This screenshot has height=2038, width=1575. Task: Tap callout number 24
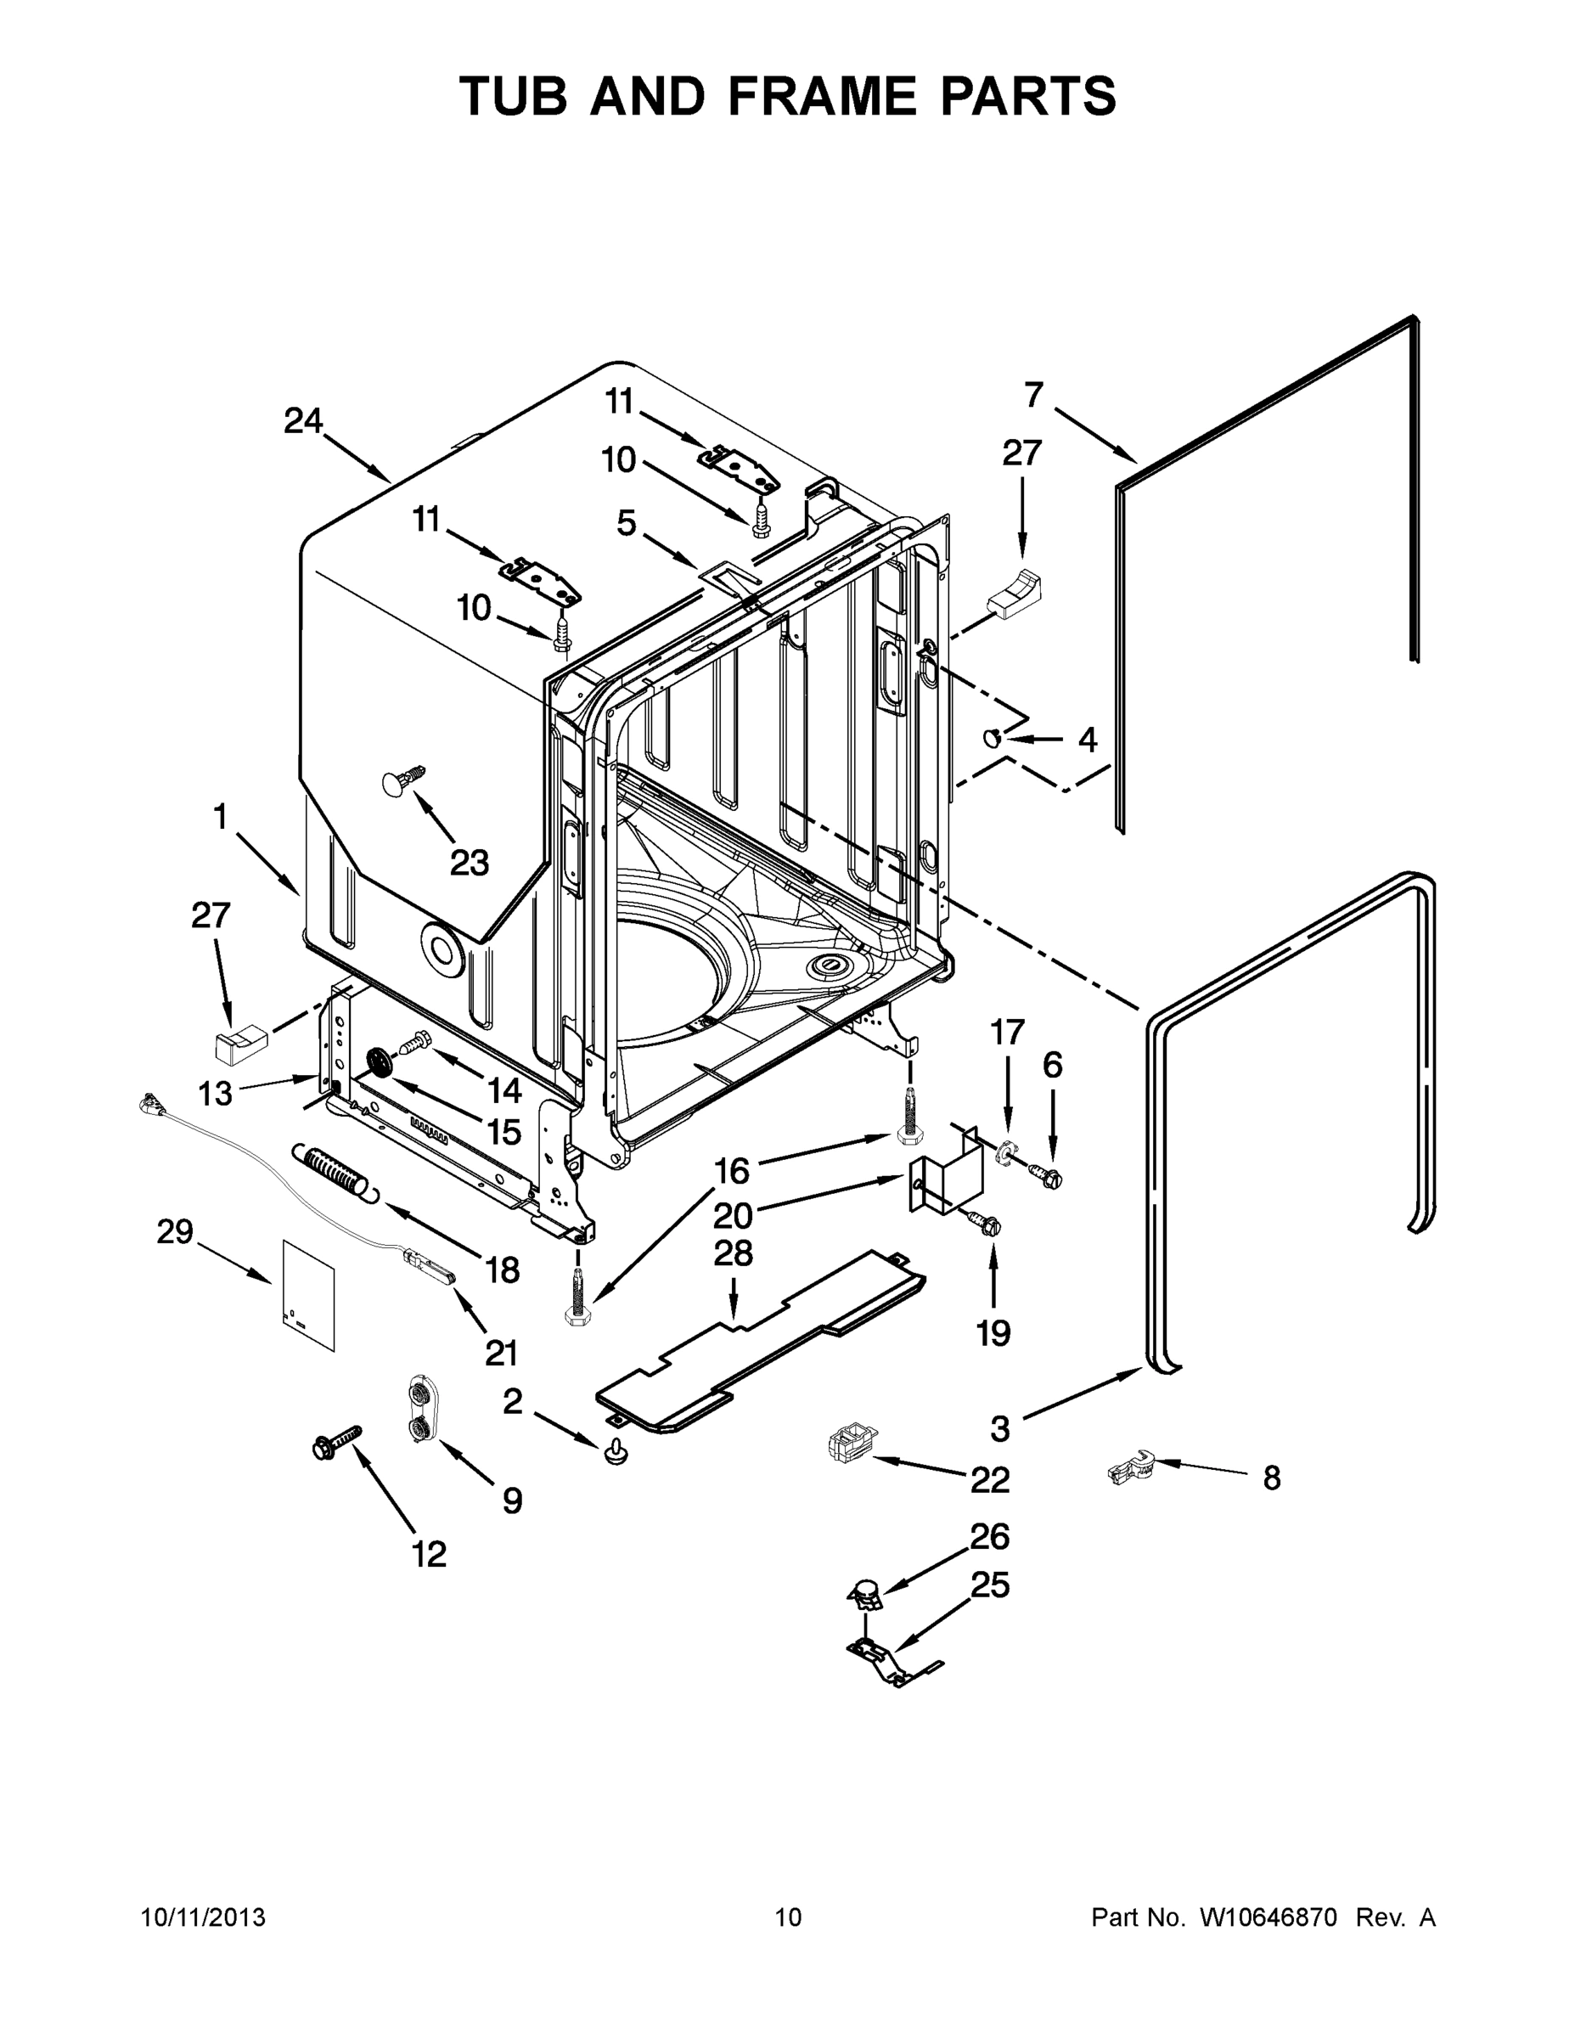point(303,421)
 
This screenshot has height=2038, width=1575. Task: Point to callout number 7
point(1033,396)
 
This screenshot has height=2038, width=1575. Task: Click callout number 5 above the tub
point(626,523)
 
